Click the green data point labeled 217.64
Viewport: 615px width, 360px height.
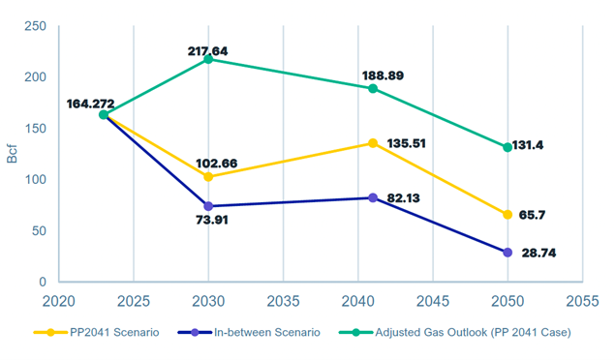(x=208, y=59)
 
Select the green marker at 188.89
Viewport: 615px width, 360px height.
(x=373, y=88)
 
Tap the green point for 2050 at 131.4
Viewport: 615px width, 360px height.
(x=507, y=147)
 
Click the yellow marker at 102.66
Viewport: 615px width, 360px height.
(x=208, y=177)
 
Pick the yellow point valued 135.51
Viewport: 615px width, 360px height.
(x=373, y=143)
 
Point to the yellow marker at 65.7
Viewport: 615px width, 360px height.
(x=507, y=215)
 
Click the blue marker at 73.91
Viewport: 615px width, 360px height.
(x=208, y=206)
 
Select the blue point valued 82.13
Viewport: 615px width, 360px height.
(x=373, y=197)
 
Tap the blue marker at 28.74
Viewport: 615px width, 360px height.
(x=507, y=253)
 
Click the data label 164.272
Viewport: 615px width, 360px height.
(x=93, y=104)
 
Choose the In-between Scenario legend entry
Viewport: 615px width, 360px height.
(x=251, y=333)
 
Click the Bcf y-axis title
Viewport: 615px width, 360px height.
(x=13, y=155)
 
